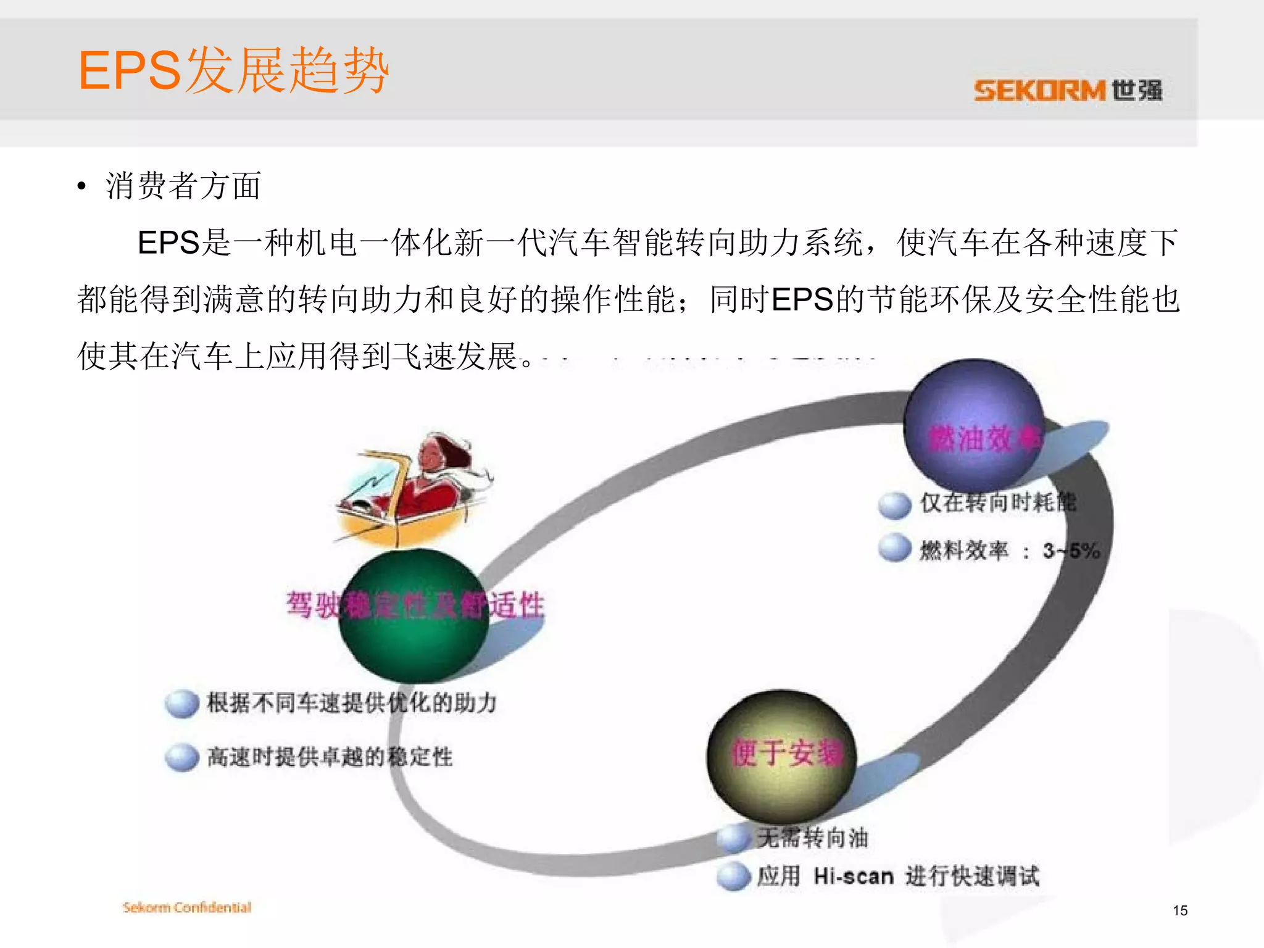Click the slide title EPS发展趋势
click(x=233, y=70)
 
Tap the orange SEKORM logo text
click(x=1039, y=91)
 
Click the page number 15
click(x=1179, y=910)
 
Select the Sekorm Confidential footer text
click(x=187, y=907)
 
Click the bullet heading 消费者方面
click(x=183, y=186)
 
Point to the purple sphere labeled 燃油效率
click(x=973, y=426)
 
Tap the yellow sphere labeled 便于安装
click(x=781, y=755)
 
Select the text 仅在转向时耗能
click(x=998, y=502)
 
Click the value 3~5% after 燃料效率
click(x=1071, y=550)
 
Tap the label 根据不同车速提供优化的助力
click(x=352, y=702)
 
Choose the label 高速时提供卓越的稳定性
click(x=330, y=757)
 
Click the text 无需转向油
click(x=813, y=838)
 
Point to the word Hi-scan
click(x=853, y=876)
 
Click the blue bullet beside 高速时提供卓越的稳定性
click(x=182, y=757)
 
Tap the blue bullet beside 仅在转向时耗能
click(x=894, y=504)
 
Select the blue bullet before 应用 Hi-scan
click(x=734, y=876)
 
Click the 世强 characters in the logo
click(x=1137, y=91)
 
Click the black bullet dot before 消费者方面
click(x=81, y=186)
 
